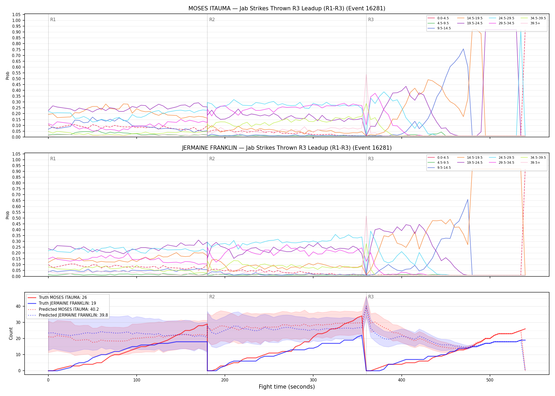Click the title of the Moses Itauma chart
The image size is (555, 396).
[x=287, y=8]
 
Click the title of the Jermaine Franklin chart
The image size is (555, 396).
[x=287, y=148]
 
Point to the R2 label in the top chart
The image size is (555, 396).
[x=212, y=20]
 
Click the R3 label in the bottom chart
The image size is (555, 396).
[x=371, y=297]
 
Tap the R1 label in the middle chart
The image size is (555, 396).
[x=53, y=159]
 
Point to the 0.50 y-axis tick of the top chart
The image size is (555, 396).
[x=16, y=79]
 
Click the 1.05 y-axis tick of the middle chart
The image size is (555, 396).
[x=16, y=154]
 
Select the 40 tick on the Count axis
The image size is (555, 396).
[x=18, y=307]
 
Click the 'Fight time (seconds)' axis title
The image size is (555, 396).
[x=287, y=387]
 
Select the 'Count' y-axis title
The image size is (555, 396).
[x=11, y=333]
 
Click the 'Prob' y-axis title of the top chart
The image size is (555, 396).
[x=8, y=76]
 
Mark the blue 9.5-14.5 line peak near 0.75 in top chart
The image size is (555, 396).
[x=463, y=49]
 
